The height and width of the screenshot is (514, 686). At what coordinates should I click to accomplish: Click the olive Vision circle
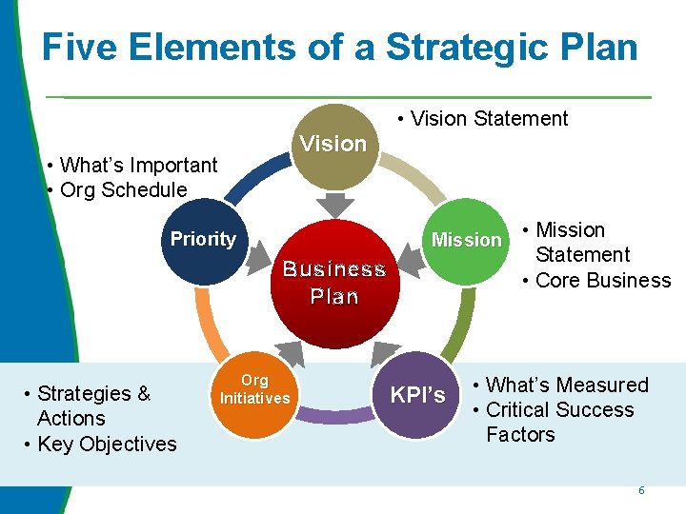(333, 145)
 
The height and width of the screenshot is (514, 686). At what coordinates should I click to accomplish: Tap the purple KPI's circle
(417, 394)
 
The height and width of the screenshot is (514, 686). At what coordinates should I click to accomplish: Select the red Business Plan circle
(333, 283)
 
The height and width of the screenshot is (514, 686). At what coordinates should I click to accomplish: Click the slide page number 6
(641, 490)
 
